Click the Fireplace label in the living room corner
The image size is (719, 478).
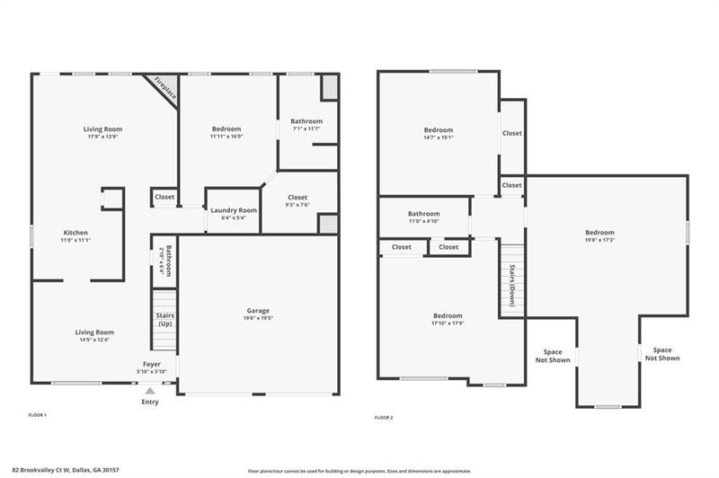164,87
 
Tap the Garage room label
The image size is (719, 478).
259,311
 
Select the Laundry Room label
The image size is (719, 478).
234,210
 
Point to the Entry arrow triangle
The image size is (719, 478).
150,391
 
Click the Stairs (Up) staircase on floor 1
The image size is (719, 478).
164,322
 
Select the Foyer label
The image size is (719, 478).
152,364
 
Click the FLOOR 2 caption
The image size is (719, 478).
384,418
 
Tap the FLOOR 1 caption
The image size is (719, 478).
37,415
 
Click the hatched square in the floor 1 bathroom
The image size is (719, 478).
330,87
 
